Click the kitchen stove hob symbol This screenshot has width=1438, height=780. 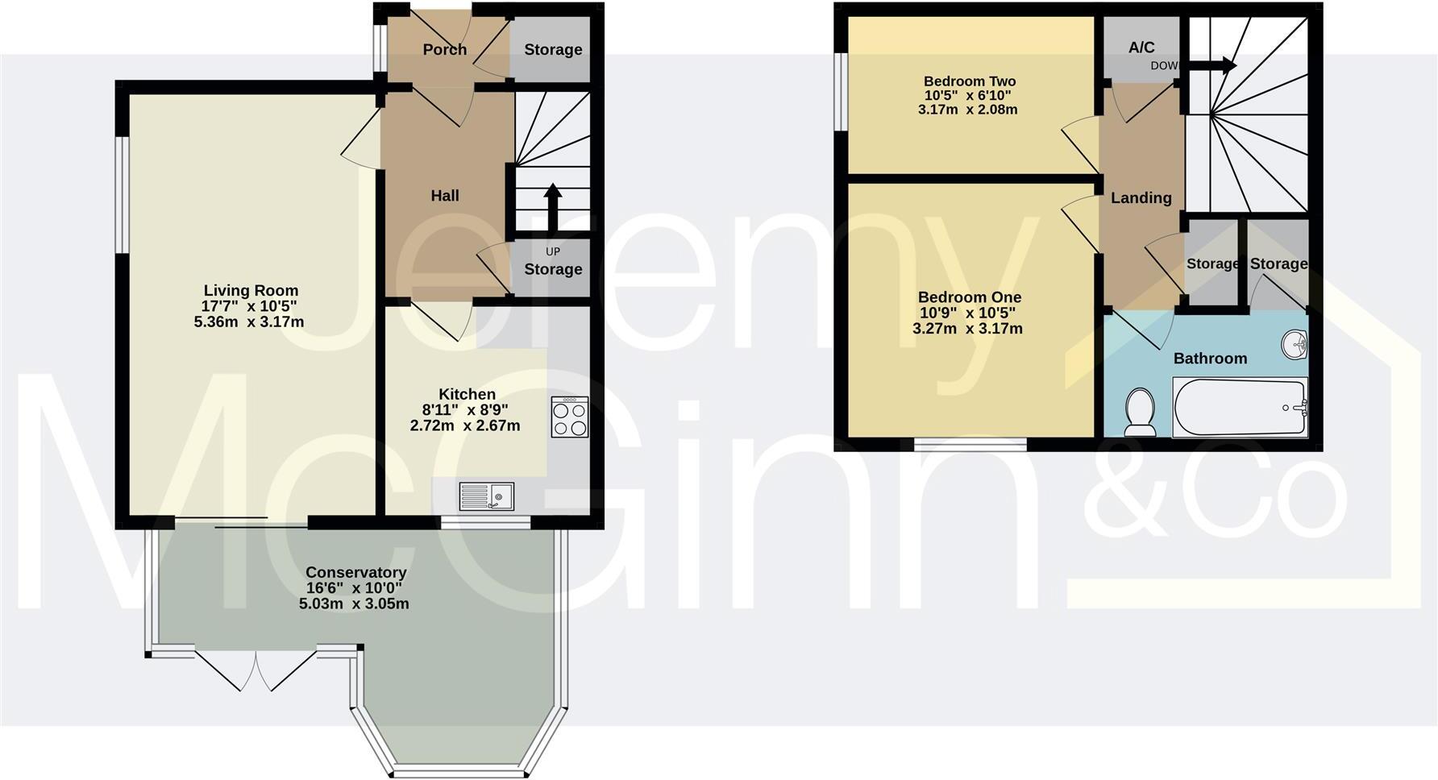pyautogui.click(x=570, y=417)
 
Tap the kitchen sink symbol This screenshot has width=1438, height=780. pyautogui.click(x=486, y=496)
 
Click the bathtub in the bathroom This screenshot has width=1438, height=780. pyautogui.click(x=1240, y=408)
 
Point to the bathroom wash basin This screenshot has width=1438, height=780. pyautogui.click(x=1295, y=345)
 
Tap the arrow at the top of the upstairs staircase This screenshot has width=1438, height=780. pyautogui.click(x=1212, y=65)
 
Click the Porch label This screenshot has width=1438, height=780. pyautogui.click(x=445, y=50)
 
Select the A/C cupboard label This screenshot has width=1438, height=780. pyautogui.click(x=1141, y=48)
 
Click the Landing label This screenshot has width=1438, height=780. pyautogui.click(x=1141, y=197)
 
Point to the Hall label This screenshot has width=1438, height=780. pyautogui.click(x=445, y=196)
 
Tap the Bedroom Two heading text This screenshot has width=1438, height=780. pyautogui.click(x=969, y=81)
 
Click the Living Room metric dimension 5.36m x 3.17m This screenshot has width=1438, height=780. pyautogui.click(x=249, y=322)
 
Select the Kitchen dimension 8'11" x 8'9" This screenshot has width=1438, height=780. pyautogui.click(x=467, y=409)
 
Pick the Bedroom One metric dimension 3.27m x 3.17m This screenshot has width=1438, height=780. pyautogui.click(x=967, y=329)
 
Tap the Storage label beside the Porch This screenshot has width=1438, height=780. pyautogui.click(x=553, y=50)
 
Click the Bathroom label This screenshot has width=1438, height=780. pyautogui.click(x=1210, y=359)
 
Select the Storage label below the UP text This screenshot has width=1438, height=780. pyautogui.click(x=553, y=269)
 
